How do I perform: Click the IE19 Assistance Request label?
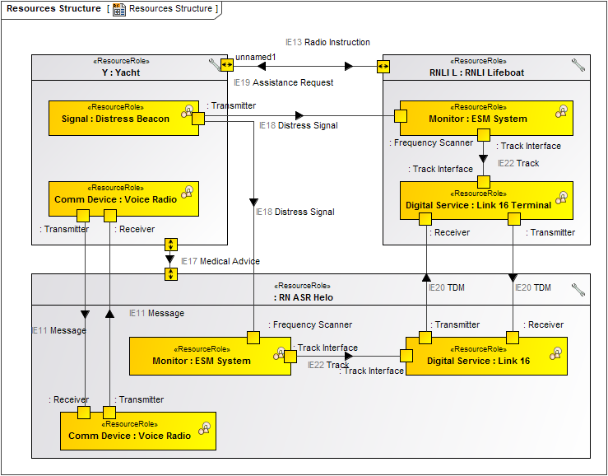tap(283, 82)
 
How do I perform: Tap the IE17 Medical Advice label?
tap(220, 261)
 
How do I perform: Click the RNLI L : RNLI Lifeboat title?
tap(476, 72)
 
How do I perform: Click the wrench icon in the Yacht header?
tap(216, 64)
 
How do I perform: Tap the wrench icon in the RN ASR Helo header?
tap(578, 290)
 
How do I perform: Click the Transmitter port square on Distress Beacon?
tap(198, 119)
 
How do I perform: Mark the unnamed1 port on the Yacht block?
tap(226, 66)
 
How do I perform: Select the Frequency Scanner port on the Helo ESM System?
tap(253, 338)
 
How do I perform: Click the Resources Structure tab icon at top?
tap(119, 9)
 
